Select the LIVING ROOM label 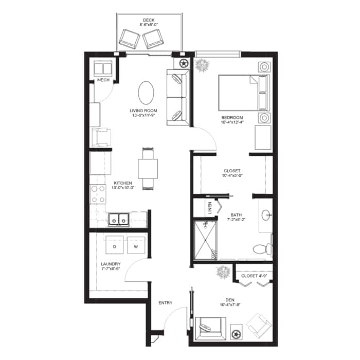click(x=143, y=111)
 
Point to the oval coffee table click(x=146, y=94)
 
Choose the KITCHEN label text click(x=123, y=183)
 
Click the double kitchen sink click(x=119, y=219)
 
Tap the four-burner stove click(x=98, y=195)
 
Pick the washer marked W click(x=136, y=246)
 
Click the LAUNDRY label click(x=111, y=265)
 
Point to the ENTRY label click(x=166, y=303)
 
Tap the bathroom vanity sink click(x=266, y=214)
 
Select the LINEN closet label click(x=210, y=208)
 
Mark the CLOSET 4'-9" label click(x=253, y=276)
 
